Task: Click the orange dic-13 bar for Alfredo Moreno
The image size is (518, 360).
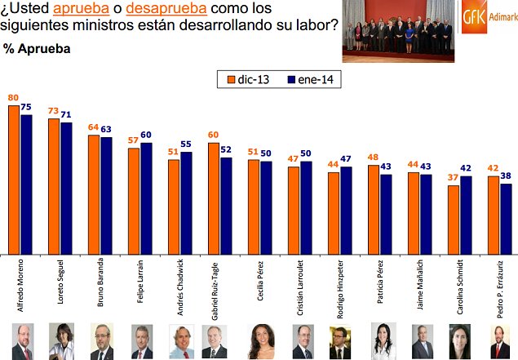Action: coord(14,180)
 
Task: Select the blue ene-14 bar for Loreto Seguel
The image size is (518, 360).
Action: coord(66,188)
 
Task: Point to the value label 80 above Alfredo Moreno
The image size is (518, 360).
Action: coord(13,98)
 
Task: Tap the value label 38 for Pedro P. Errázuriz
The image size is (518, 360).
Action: coord(507,176)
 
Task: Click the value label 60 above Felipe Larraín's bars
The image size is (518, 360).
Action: coord(146,136)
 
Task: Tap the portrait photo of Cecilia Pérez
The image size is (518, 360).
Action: coord(260,341)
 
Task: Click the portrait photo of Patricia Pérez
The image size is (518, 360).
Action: coord(380,341)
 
